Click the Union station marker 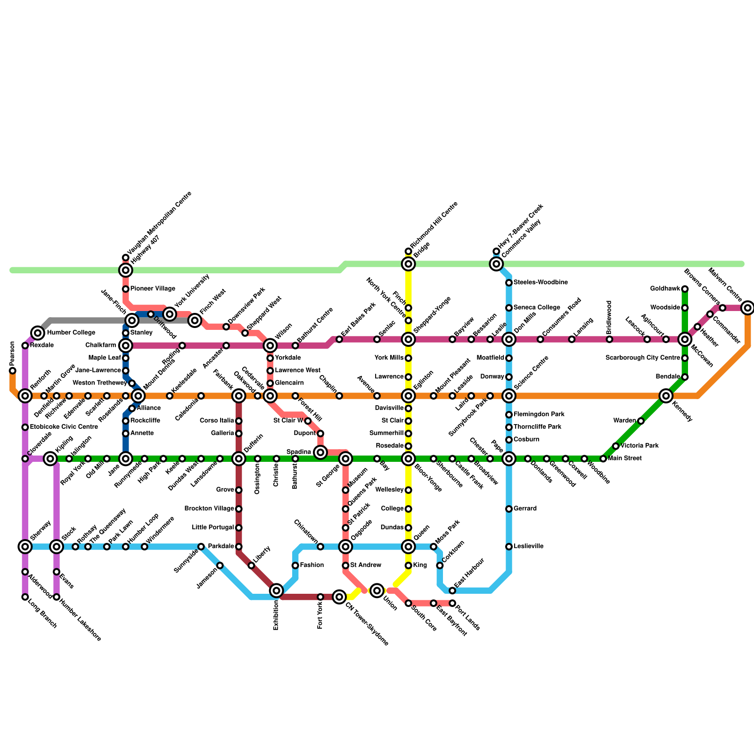(377, 590)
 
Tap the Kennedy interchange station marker (666, 396)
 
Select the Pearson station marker (13, 370)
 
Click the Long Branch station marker (25, 597)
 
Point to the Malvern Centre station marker (747, 308)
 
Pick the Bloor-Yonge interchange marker (409, 459)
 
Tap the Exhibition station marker (277, 590)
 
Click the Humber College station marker (38, 333)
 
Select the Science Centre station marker (509, 396)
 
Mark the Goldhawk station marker (685, 289)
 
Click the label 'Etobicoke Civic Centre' (64, 427)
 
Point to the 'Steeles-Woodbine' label (540, 282)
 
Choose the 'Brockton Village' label (209, 508)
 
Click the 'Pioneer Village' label (153, 288)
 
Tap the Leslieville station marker (509, 547)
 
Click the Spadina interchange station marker (320, 452)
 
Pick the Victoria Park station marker (616, 446)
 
